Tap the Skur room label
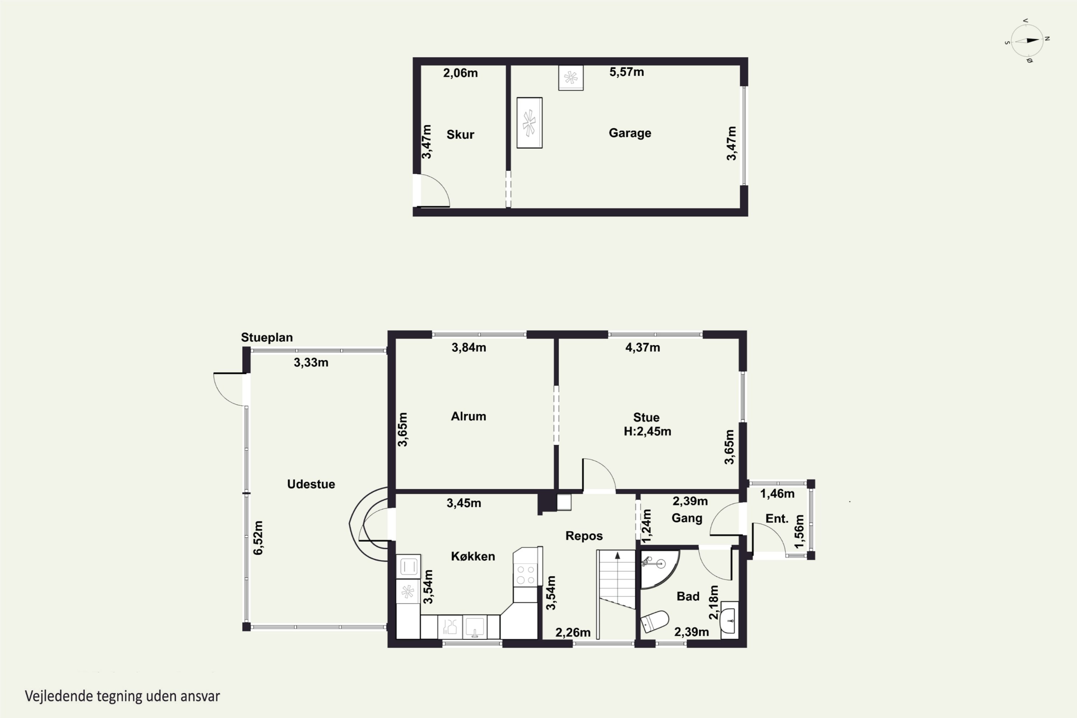[x=460, y=135]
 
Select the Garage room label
[x=630, y=133]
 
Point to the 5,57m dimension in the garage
[x=626, y=72]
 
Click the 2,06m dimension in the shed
[x=460, y=73]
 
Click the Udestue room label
[x=311, y=484]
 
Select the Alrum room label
[x=468, y=416]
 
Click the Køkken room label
[x=473, y=556]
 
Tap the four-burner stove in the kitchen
[x=525, y=575]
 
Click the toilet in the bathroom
[x=654, y=621]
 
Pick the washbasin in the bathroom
[x=729, y=620]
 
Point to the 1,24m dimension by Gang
[x=646, y=526]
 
